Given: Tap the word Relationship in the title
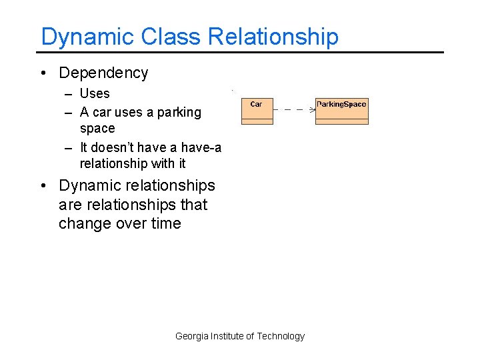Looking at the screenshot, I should [x=273, y=37].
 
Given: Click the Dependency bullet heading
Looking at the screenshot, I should [x=103, y=73].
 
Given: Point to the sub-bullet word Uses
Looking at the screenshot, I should [x=95, y=94].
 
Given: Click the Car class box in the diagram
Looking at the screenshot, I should [x=257, y=111].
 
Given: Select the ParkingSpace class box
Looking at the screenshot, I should [x=341, y=111].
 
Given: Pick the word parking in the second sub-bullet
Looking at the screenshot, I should [x=179, y=112].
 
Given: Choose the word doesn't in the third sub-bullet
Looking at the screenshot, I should [x=112, y=147].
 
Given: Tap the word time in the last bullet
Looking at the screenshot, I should [x=167, y=224].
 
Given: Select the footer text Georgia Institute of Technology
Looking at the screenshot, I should [x=239, y=336].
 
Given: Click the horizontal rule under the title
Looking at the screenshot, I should [x=240, y=52].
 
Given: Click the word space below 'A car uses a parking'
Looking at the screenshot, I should [x=97, y=129].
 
